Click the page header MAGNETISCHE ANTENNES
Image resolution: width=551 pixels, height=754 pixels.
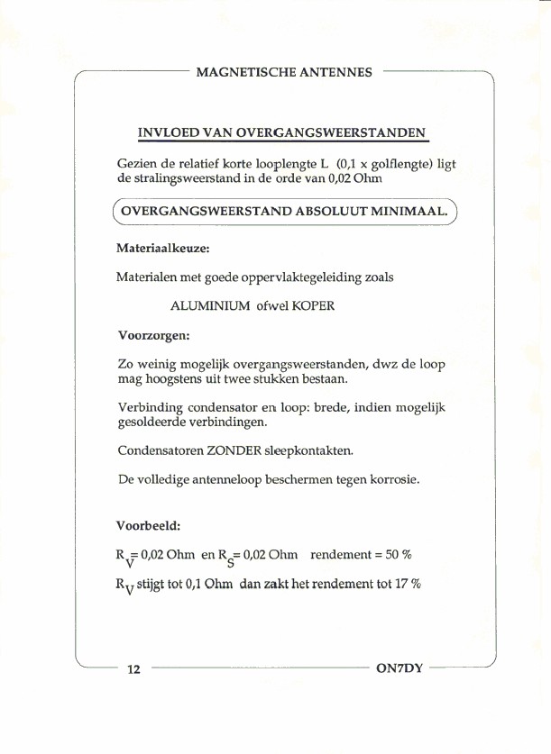[x=284, y=72]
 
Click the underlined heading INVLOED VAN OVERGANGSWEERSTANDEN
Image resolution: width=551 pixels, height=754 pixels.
[x=281, y=132]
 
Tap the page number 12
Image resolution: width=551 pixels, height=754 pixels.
[x=134, y=669]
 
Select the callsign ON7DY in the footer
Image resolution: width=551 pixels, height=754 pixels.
[x=397, y=669]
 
